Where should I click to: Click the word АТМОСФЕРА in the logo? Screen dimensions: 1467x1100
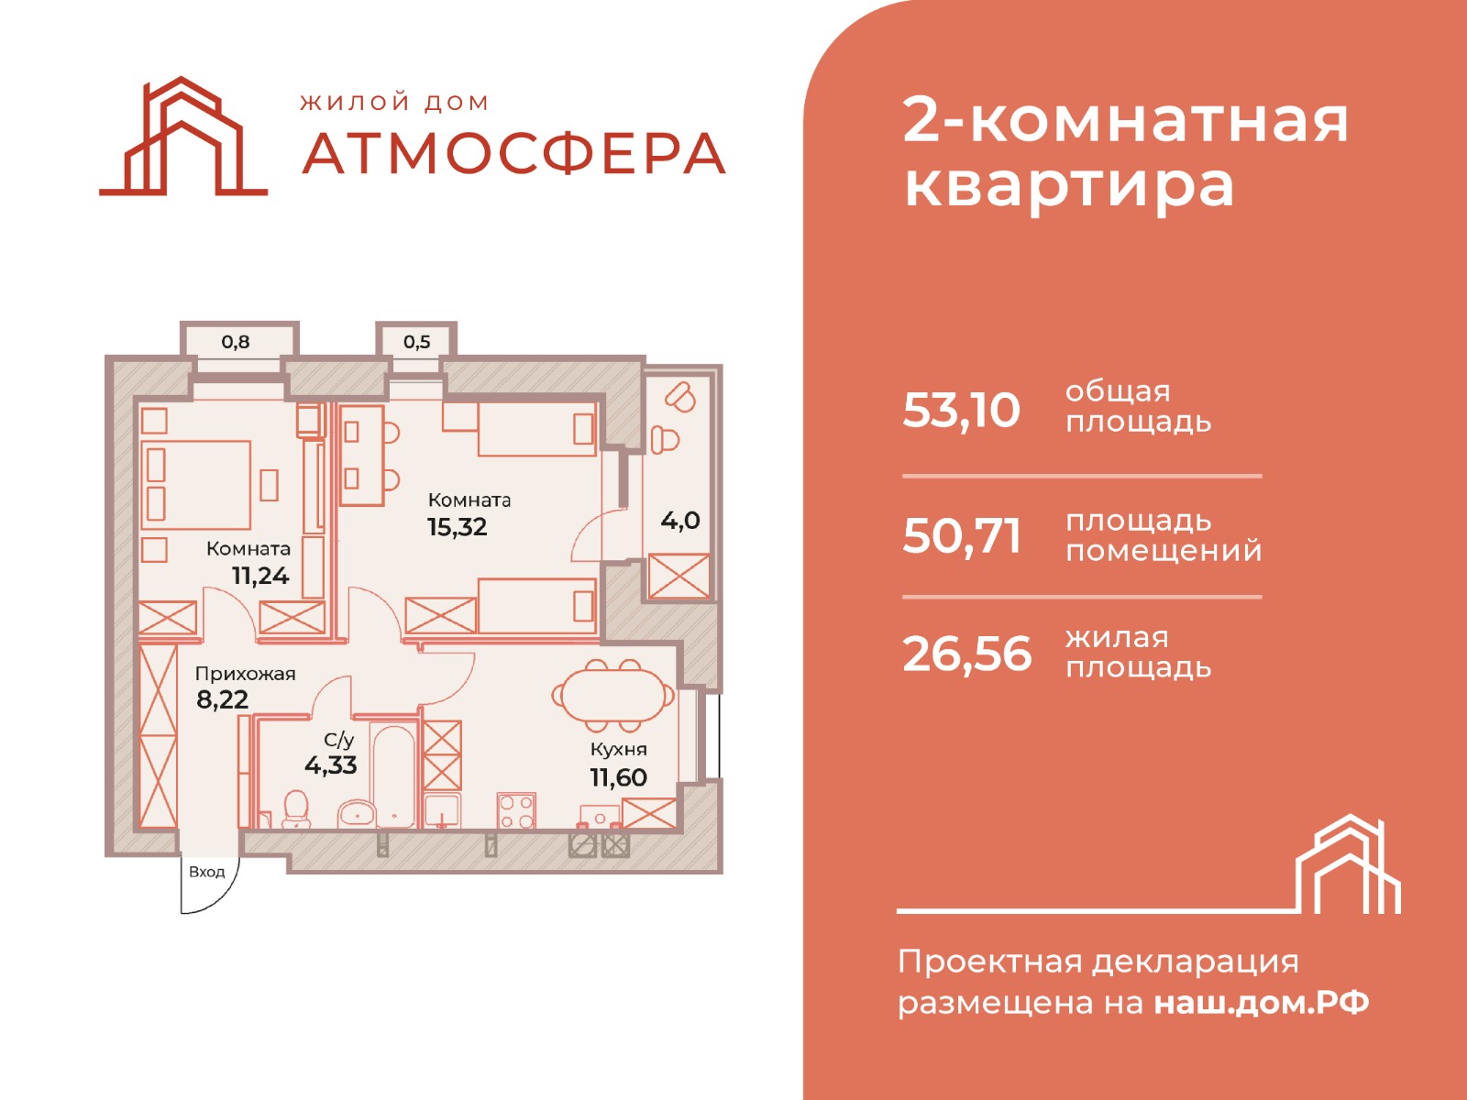point(513,154)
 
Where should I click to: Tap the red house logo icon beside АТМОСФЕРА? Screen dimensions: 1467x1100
point(183,137)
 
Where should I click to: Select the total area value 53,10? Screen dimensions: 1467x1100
point(961,410)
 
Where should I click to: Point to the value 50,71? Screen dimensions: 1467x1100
point(961,536)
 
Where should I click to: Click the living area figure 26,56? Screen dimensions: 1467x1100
point(966,654)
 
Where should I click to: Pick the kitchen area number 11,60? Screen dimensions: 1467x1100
point(618,777)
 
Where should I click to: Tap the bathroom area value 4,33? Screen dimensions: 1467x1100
point(331,764)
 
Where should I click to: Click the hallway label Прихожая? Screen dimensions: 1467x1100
point(246,673)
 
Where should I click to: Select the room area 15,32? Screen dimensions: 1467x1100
point(458,527)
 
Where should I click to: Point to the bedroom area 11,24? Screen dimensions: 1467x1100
point(260,575)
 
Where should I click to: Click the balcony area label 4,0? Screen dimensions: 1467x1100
point(680,521)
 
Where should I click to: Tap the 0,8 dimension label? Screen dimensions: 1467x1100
point(236,342)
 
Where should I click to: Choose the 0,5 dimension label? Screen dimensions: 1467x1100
point(416,342)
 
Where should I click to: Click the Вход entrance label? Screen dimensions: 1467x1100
point(206,873)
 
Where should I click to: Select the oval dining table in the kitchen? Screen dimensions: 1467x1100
point(612,695)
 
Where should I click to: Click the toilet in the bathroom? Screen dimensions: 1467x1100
point(296,809)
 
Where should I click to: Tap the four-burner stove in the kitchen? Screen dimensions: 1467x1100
point(516,811)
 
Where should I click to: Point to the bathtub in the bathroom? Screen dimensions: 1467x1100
point(393,775)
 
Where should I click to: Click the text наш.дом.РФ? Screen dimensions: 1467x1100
point(1262,1003)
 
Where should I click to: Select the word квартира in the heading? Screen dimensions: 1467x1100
point(1069,185)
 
